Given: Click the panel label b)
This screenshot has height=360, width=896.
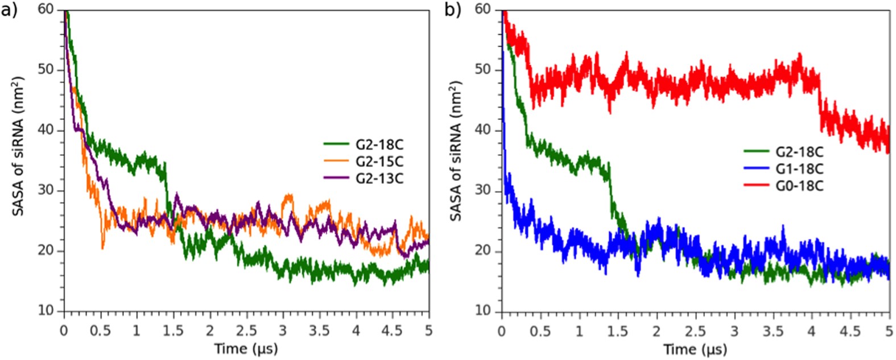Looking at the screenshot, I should tap(453, 10).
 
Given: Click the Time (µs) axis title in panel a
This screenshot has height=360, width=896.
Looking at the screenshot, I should tap(246, 348).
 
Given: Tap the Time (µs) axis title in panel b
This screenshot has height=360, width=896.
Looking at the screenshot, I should tap(695, 348).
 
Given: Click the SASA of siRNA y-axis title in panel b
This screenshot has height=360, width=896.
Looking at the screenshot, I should tap(455, 151).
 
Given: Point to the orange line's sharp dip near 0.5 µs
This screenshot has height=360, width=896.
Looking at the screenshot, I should tap(102, 246).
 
